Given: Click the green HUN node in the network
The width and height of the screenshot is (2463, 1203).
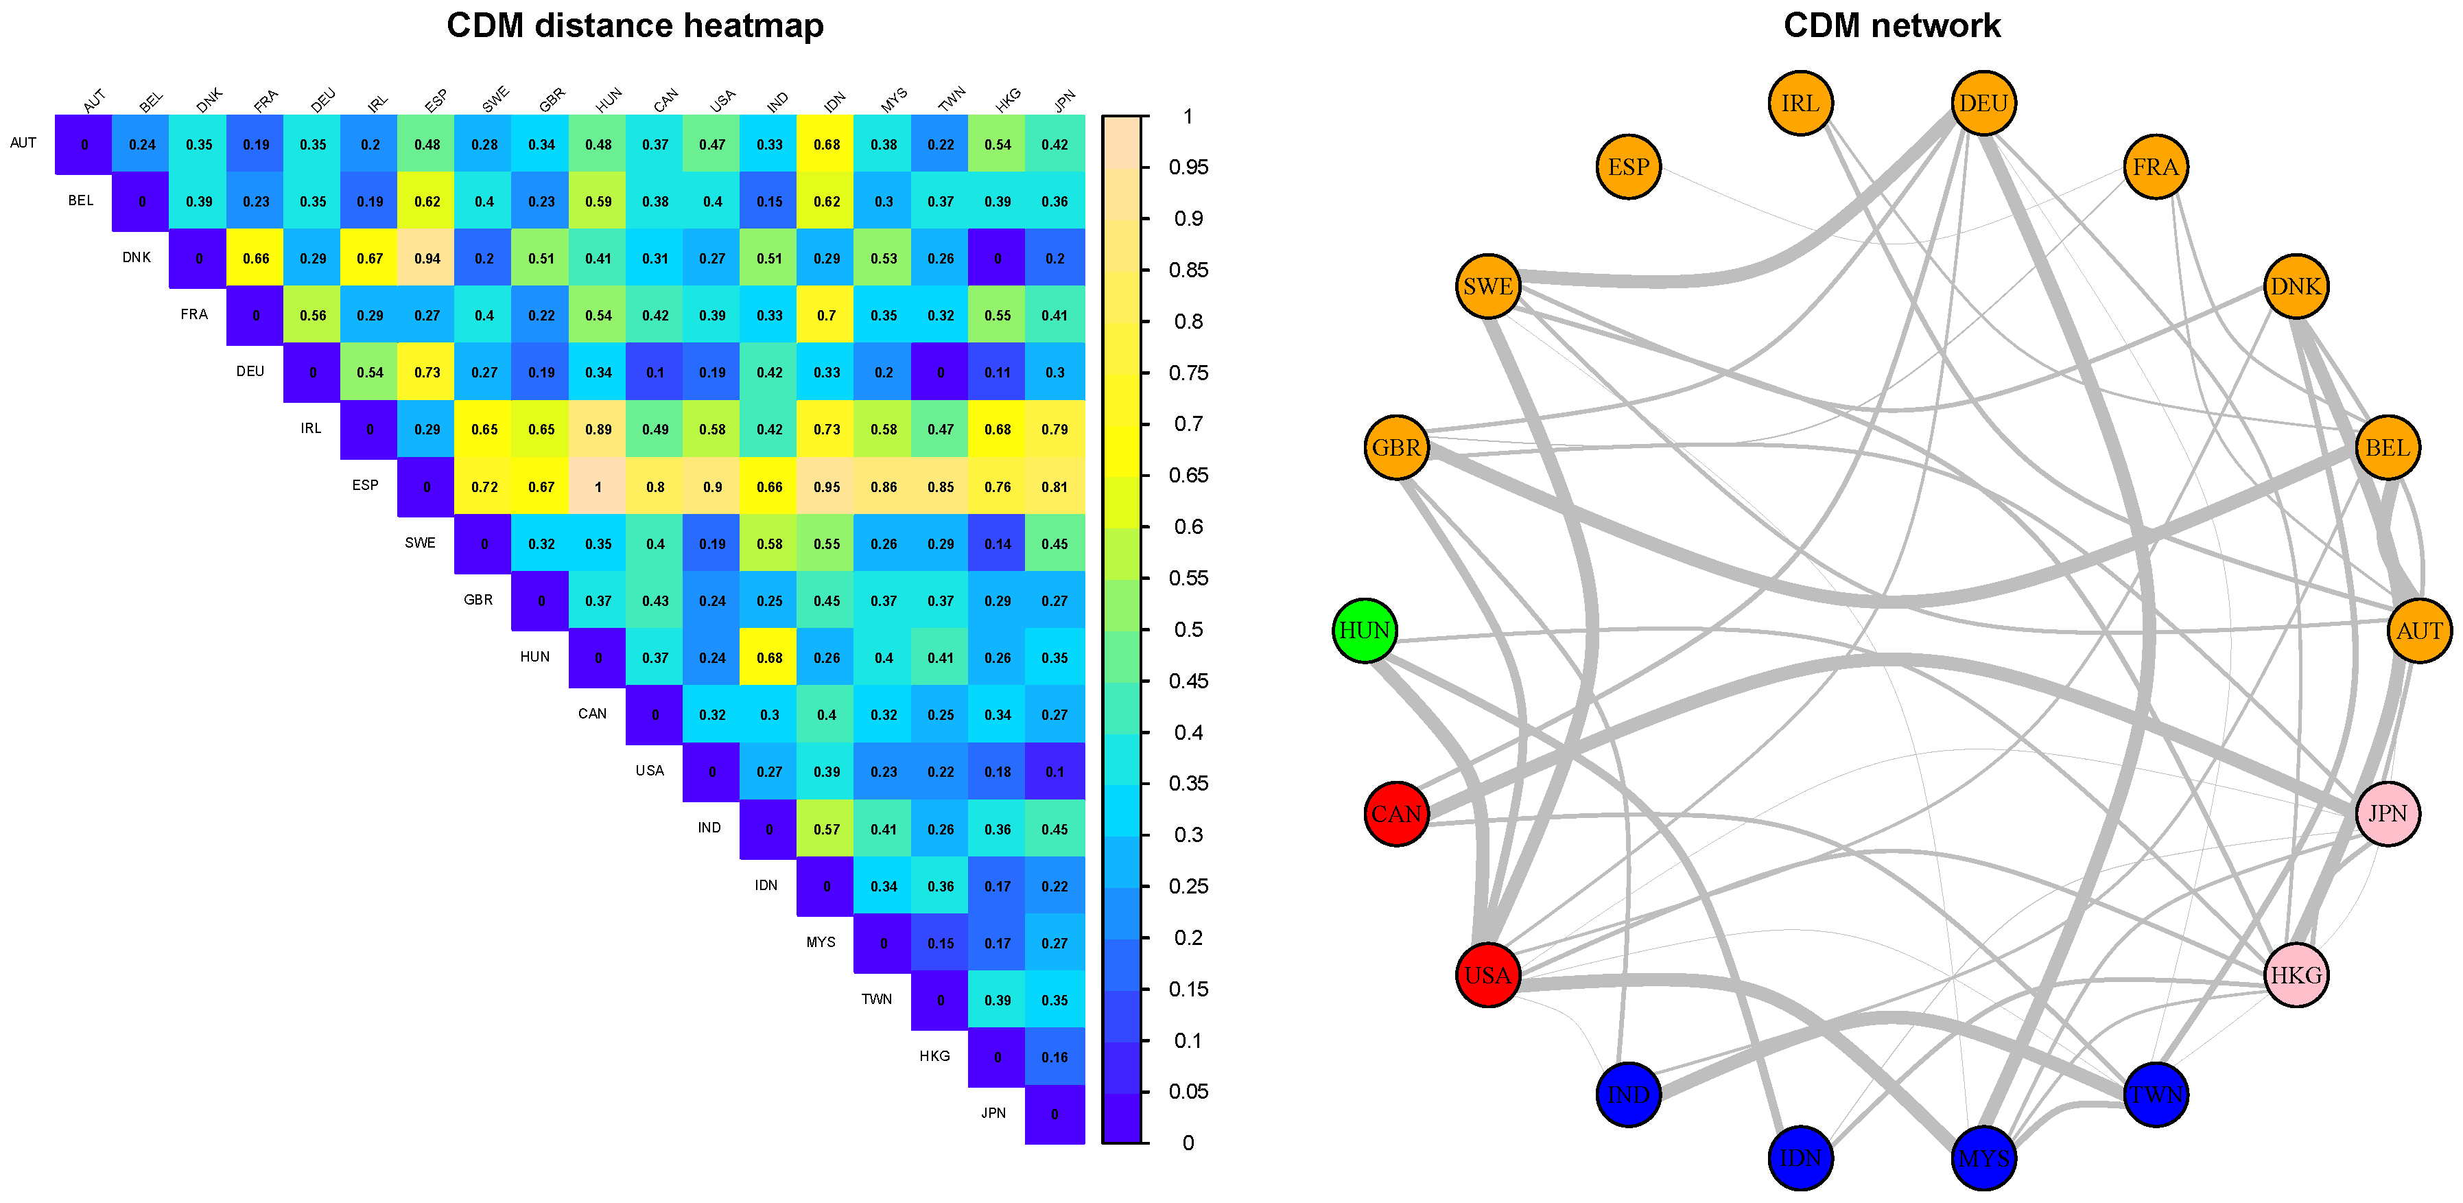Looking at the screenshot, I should pos(1365,630).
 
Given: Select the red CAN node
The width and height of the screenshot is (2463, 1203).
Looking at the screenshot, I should pos(1396,814).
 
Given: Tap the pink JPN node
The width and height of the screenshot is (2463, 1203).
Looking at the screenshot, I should pos(2388,814).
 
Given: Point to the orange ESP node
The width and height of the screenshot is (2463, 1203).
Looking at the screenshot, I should pos(1628,167).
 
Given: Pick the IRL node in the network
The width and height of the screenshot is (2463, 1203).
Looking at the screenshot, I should pos(1800,103).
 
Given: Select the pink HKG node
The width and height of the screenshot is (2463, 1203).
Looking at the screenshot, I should pos(2296,975).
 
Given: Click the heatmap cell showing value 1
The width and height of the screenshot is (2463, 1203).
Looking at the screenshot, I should pos(598,487).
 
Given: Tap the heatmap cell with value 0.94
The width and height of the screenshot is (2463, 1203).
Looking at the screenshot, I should pos(427,258).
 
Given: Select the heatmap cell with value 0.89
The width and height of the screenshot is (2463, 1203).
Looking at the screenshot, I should pos(598,430).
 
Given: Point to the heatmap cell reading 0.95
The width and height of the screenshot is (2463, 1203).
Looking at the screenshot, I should pos(827,487).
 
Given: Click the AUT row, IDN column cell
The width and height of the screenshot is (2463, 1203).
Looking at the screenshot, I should pos(827,144).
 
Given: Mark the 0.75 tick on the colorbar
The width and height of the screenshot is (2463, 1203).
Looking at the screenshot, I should pos(1188,373).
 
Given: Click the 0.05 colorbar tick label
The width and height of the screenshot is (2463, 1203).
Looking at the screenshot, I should pos(1188,1091).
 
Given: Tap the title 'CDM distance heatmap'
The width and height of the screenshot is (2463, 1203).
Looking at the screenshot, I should pos(635,26).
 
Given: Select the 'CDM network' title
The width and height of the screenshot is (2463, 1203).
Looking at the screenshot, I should pos(1892,26).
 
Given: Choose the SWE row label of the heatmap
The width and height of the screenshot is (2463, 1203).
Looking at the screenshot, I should pos(420,542).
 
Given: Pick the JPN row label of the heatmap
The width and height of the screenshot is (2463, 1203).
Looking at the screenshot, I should pos(993,1112).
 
